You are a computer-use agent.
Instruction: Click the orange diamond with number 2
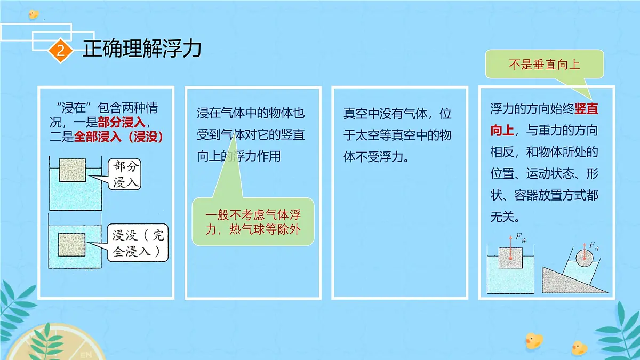[x=60, y=51]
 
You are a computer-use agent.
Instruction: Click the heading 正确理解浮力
[x=142, y=49]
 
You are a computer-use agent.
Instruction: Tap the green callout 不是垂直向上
[x=544, y=65]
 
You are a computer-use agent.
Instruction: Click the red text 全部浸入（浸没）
[x=118, y=136]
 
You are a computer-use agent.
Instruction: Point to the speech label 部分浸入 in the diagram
[x=126, y=174]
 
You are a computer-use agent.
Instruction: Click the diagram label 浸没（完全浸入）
[x=138, y=244]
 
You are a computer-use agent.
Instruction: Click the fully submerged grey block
[x=71, y=245]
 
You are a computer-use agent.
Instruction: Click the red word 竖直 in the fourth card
[x=586, y=110]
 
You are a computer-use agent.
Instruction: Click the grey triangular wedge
[x=565, y=281]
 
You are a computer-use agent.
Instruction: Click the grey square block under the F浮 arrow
[x=511, y=258]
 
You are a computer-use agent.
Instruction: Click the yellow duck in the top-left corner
[x=34, y=13]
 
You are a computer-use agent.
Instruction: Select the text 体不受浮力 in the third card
[x=375, y=157]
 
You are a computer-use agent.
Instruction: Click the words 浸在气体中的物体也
[x=251, y=114]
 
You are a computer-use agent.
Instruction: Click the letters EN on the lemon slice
[x=85, y=354]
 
